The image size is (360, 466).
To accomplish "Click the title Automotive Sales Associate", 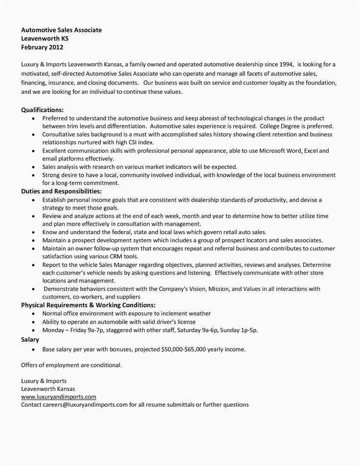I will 62,30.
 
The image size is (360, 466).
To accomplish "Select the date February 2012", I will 43,47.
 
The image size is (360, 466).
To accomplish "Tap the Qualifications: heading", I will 43,110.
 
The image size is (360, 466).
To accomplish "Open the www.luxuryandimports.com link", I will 59,396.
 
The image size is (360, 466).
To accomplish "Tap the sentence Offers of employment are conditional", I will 71,365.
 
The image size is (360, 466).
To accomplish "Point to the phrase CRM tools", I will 123,256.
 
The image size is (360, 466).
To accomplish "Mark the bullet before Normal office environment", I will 33,313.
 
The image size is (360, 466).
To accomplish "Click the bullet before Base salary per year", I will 33,350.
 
